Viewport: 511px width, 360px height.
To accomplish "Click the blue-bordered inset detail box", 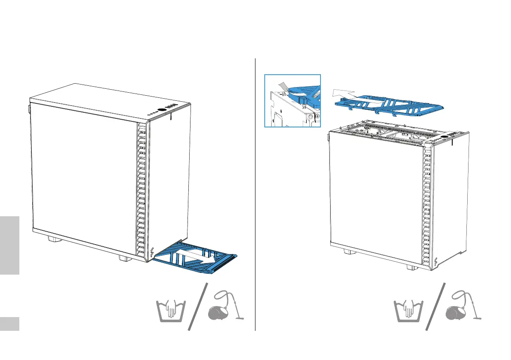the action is point(293,101).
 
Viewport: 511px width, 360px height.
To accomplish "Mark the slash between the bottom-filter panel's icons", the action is point(197,307).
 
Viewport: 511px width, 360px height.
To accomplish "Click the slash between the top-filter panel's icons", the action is point(435,307).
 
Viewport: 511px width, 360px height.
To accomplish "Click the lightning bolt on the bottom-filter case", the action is point(153,252).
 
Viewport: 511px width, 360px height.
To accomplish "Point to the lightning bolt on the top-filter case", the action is point(436,262).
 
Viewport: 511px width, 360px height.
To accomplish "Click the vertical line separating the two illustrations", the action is point(255,193).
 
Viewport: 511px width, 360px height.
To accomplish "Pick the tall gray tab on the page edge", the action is point(9,245).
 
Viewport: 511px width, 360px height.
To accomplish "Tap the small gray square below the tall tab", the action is point(9,324).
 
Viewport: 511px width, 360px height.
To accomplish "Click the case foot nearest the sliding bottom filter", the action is point(123,259).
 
